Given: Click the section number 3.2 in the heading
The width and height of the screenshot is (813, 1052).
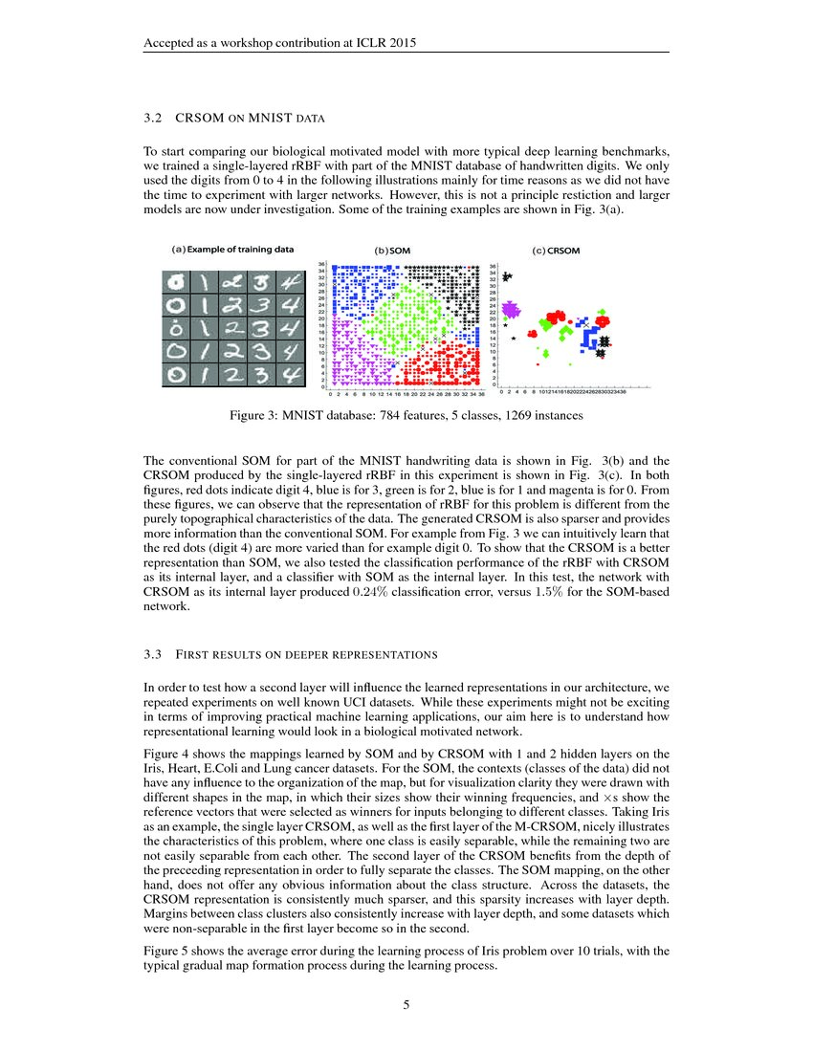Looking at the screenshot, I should click(152, 120).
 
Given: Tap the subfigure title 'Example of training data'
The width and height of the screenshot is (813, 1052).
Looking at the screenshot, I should click(240, 249).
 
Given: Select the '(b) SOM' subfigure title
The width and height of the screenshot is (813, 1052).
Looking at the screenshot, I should click(392, 251).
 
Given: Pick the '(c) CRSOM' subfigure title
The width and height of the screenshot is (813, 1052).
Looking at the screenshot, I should click(556, 251).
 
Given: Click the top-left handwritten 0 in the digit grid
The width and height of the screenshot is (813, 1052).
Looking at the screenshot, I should click(177, 281).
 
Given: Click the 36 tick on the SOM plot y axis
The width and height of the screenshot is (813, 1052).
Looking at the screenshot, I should click(322, 266).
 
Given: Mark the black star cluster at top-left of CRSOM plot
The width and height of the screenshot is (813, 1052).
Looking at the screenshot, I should click(506, 277).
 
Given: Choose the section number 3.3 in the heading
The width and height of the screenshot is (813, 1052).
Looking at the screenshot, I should click(152, 655).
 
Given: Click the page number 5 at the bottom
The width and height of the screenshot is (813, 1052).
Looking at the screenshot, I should click(406, 1004).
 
